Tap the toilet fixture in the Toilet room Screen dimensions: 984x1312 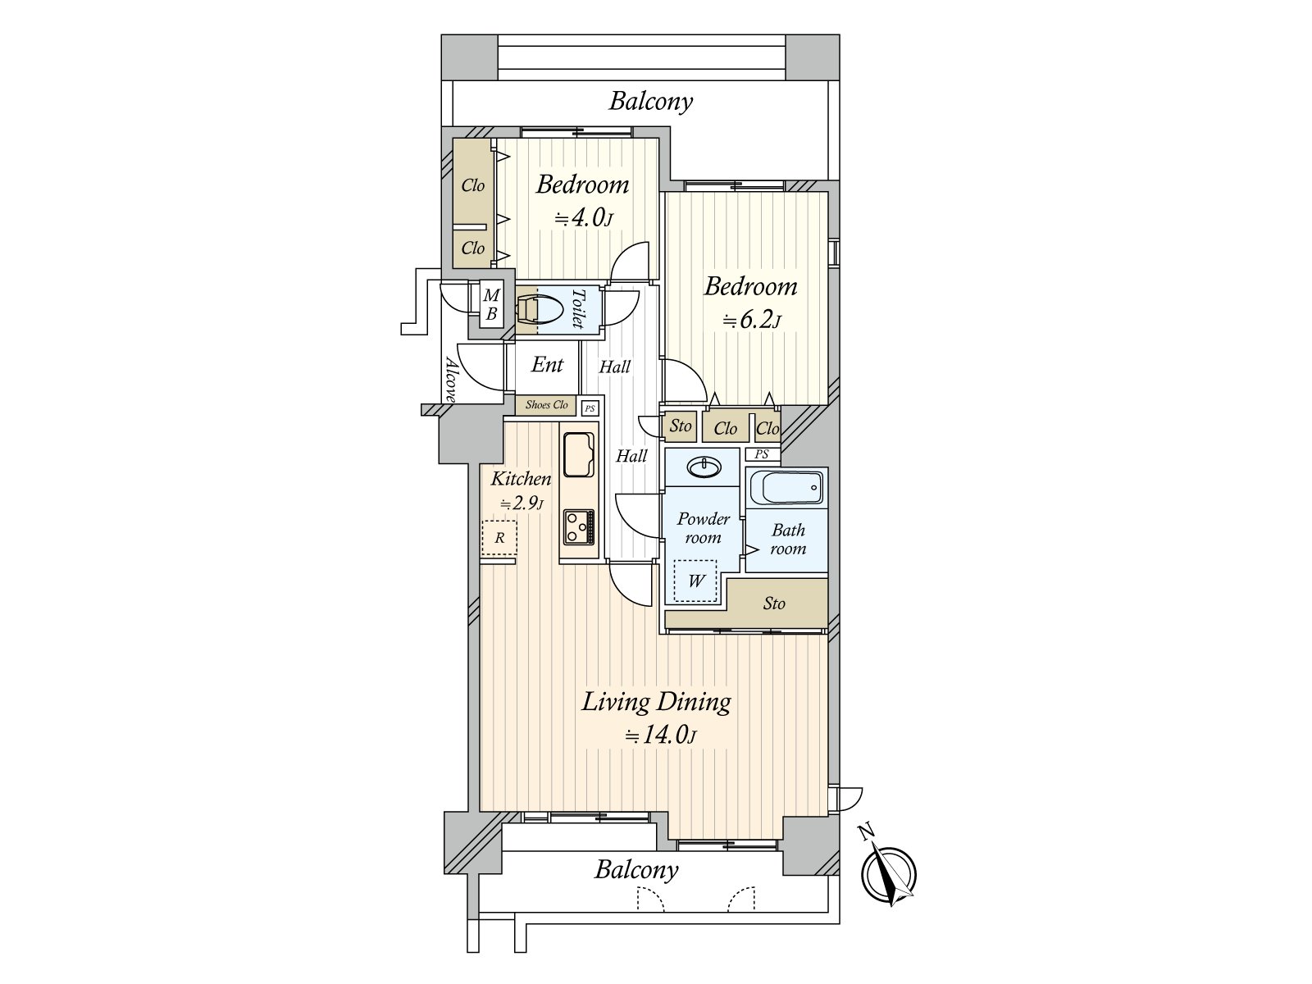pos(540,311)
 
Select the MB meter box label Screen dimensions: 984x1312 pos(491,304)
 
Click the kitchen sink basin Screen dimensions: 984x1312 pos(580,453)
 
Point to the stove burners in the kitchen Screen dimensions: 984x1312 pos(579,526)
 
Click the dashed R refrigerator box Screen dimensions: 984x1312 pos(499,538)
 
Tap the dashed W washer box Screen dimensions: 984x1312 pos(695,581)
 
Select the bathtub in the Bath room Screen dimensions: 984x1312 pos(786,490)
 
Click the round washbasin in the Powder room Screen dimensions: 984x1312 pos(704,467)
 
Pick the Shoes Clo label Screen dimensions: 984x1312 pos(547,405)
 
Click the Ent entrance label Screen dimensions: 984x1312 pos(547,364)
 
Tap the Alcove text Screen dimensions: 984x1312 pos(450,379)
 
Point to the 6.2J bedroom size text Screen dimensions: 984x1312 pos(751,320)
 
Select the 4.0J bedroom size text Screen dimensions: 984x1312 pos(583,218)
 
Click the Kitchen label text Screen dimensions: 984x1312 pos(521,478)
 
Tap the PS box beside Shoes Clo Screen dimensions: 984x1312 pos(590,408)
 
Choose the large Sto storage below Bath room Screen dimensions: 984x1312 pos(774,604)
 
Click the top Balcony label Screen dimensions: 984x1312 pos(651,101)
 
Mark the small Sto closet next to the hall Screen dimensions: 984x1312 pos(680,426)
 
